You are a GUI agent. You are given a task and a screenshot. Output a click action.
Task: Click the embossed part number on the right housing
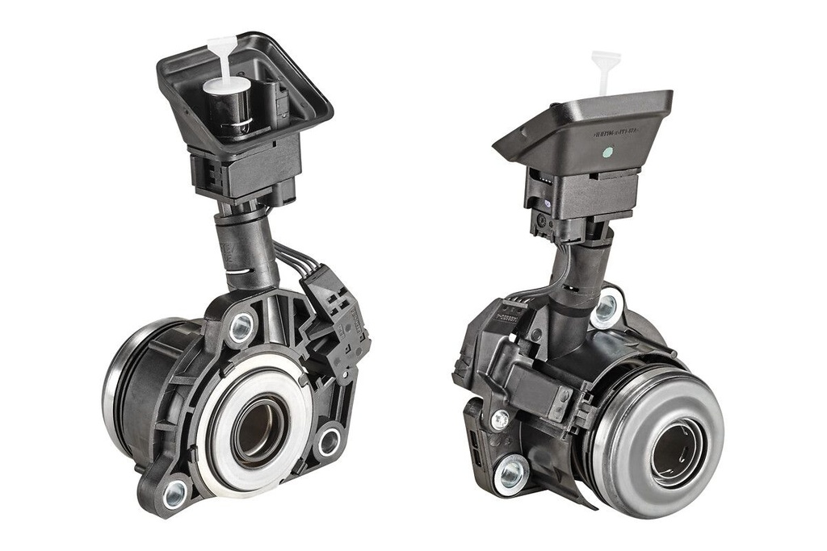point(615,131)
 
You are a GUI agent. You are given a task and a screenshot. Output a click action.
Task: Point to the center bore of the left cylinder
point(259,431)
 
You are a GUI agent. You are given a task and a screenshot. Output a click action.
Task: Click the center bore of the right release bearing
point(677,453)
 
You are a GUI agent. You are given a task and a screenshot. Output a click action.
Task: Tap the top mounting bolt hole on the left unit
point(241,327)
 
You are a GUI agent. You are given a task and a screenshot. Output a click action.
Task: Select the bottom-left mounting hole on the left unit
point(174,494)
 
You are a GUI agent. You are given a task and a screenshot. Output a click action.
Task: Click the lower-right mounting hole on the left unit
point(329,442)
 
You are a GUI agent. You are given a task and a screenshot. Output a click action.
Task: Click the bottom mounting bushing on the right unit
point(510,474)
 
